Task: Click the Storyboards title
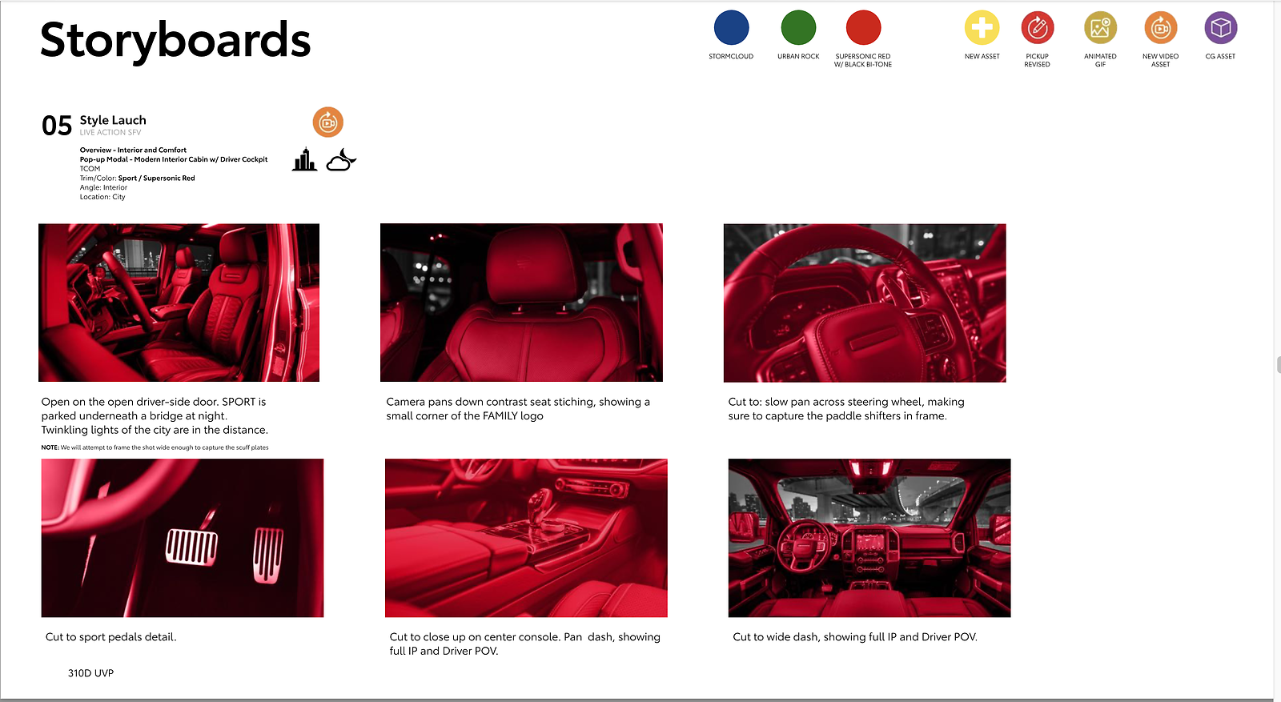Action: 175,41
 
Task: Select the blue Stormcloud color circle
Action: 731,27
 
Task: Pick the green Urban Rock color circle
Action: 798,27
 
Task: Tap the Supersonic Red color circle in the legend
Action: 863,27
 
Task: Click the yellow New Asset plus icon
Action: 982,27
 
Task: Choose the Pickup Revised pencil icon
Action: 1038,27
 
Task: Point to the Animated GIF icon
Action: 1100,27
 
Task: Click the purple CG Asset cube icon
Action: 1220,27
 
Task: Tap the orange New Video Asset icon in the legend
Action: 1160,27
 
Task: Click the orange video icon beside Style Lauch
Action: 327,122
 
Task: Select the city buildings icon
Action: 304,159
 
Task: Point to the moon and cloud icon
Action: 341,160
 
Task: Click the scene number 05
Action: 57,126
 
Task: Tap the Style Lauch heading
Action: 113,120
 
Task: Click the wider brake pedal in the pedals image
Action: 191,547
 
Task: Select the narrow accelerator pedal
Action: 268,555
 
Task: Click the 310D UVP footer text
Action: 91,673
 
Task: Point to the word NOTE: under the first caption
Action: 50,447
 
